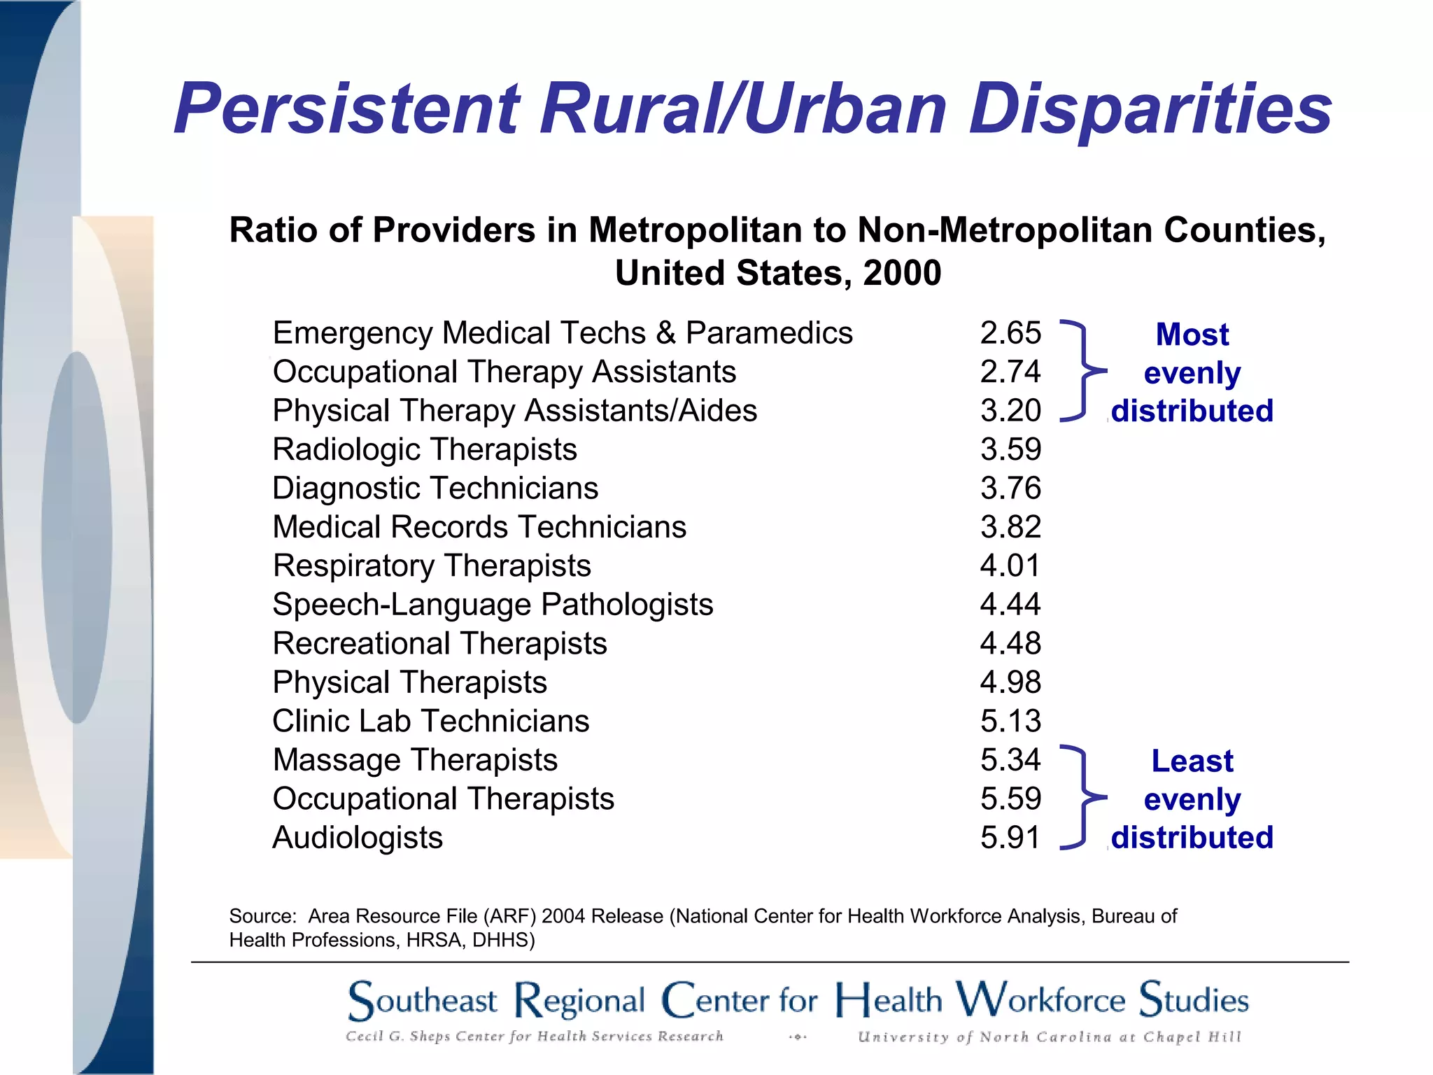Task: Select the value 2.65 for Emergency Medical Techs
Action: (x=1010, y=333)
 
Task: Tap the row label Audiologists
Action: (x=358, y=838)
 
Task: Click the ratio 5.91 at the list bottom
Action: (x=1010, y=838)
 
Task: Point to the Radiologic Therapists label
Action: (x=425, y=449)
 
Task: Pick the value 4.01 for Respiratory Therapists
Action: (x=1010, y=565)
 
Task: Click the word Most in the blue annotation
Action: (x=1192, y=335)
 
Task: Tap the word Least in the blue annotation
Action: (x=1192, y=761)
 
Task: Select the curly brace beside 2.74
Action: (x=1082, y=371)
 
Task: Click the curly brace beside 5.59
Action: (x=1082, y=798)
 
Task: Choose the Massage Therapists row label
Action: (x=415, y=760)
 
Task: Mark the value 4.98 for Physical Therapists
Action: (x=1010, y=682)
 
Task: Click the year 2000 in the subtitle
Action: (x=902, y=273)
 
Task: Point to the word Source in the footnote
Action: (x=260, y=916)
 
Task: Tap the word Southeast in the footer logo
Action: (x=423, y=1001)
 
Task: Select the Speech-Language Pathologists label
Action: (x=493, y=605)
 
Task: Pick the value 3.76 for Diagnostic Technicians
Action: (x=1010, y=488)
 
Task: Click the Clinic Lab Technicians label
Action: (x=430, y=722)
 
